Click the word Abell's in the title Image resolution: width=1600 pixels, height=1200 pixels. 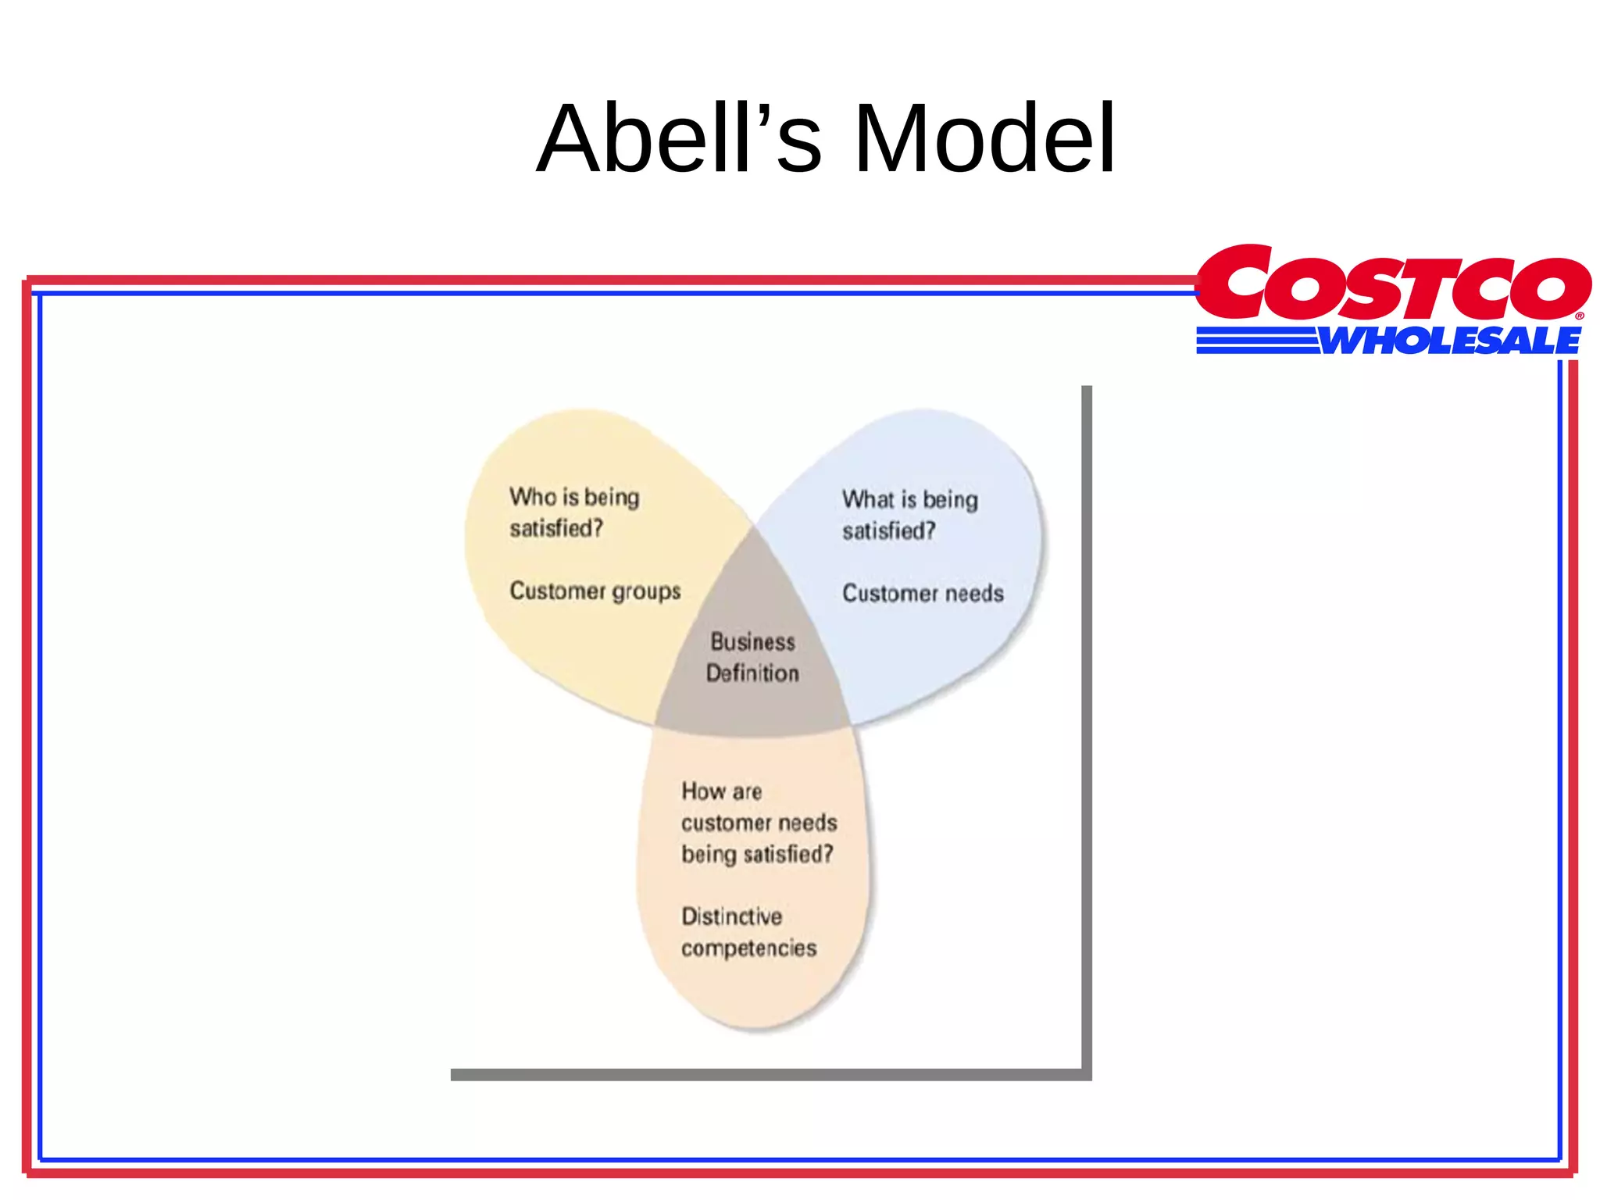point(679,139)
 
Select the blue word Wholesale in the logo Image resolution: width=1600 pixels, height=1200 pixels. point(1449,341)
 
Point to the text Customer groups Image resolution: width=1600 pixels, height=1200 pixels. point(595,591)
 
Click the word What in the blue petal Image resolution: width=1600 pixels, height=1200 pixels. point(867,499)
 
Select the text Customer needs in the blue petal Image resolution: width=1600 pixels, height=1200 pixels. point(923,594)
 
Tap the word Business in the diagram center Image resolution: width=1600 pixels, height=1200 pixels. point(752,642)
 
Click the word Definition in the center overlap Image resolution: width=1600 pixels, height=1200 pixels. point(752,673)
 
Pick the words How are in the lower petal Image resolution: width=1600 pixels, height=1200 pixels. point(721,791)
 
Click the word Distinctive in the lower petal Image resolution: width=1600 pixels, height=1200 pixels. point(731,916)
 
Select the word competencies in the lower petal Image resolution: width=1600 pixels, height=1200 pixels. point(748,948)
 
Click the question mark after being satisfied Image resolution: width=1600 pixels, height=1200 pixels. point(827,853)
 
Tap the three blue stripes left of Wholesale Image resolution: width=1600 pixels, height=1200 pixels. point(1256,341)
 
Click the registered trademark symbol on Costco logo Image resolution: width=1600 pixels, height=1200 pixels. point(1579,316)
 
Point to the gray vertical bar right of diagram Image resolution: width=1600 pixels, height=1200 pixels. point(1086,727)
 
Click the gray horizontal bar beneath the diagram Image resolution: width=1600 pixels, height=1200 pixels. point(766,1075)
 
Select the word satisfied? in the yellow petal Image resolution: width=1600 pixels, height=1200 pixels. point(556,529)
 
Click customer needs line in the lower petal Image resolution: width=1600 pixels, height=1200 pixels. point(759,823)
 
